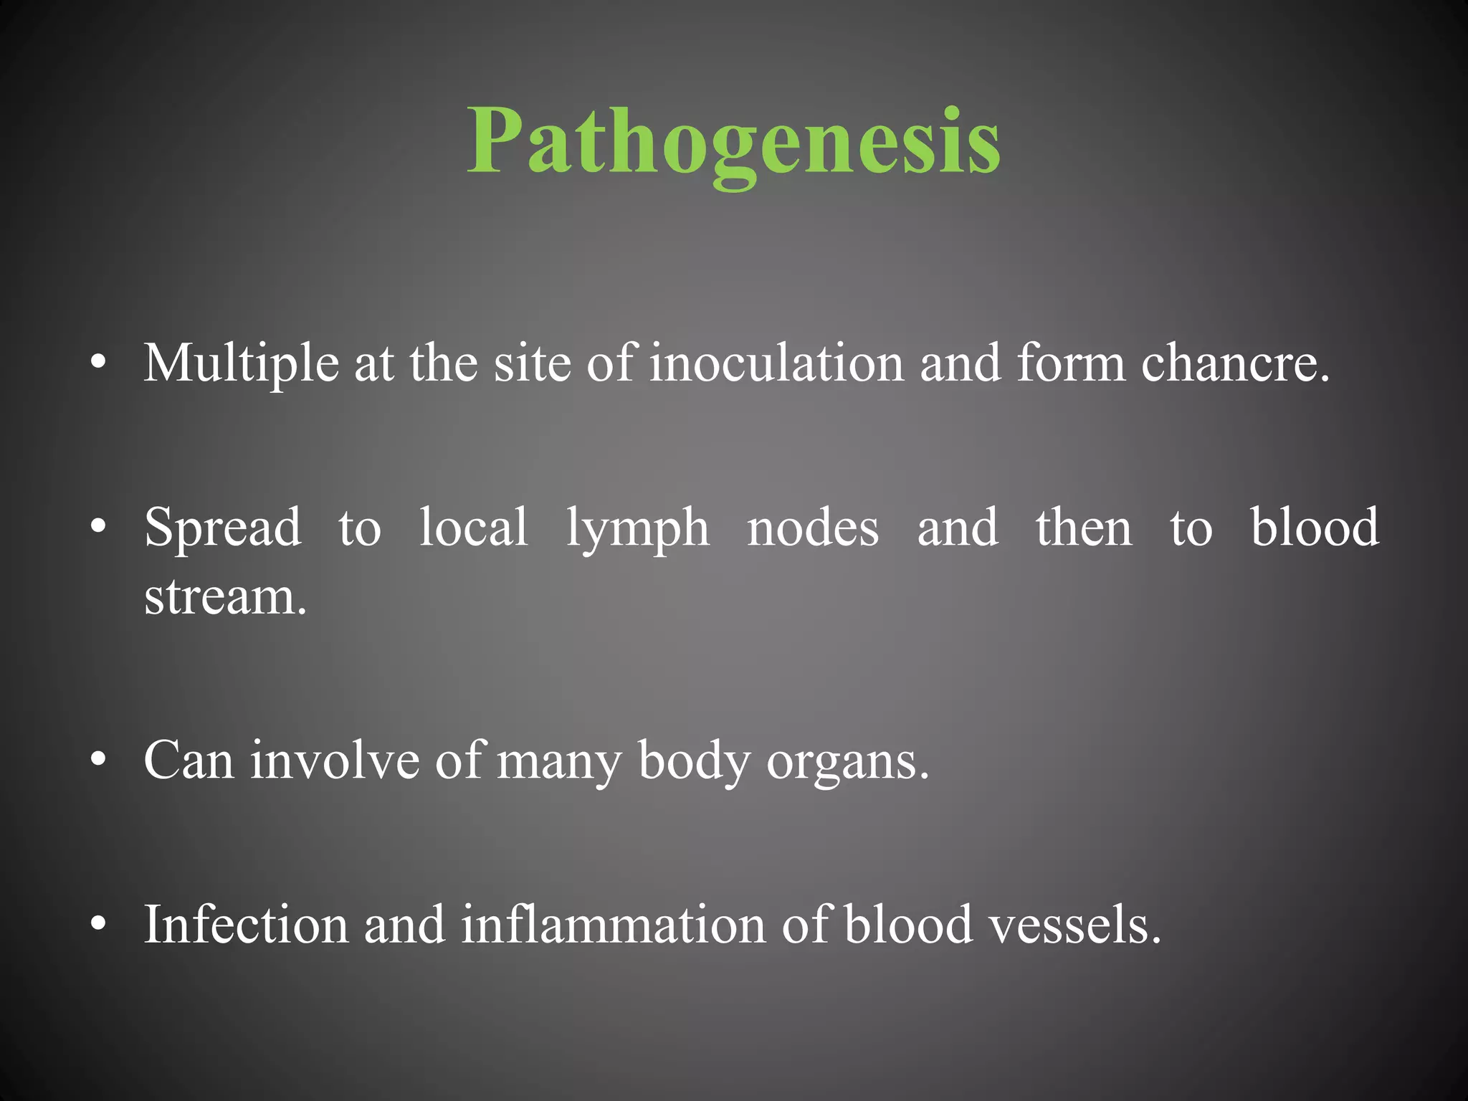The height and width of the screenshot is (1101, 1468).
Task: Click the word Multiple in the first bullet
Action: click(x=241, y=363)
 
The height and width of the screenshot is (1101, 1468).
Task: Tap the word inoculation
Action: click(x=776, y=363)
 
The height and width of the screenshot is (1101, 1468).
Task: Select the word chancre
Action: click(x=1234, y=363)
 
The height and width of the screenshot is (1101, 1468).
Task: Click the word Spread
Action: click(x=223, y=528)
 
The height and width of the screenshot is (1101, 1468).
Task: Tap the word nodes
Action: click(x=813, y=528)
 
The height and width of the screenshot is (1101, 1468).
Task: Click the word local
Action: click(x=474, y=528)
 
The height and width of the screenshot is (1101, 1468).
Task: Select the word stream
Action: click(x=224, y=596)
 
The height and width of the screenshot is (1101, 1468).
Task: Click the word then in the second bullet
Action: click(x=1084, y=528)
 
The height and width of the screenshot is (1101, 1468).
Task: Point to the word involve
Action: click(x=335, y=761)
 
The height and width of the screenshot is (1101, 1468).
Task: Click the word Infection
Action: click(x=245, y=925)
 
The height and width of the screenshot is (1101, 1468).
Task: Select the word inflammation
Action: click(x=613, y=925)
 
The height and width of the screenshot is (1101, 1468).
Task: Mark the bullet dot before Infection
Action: click(x=99, y=924)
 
